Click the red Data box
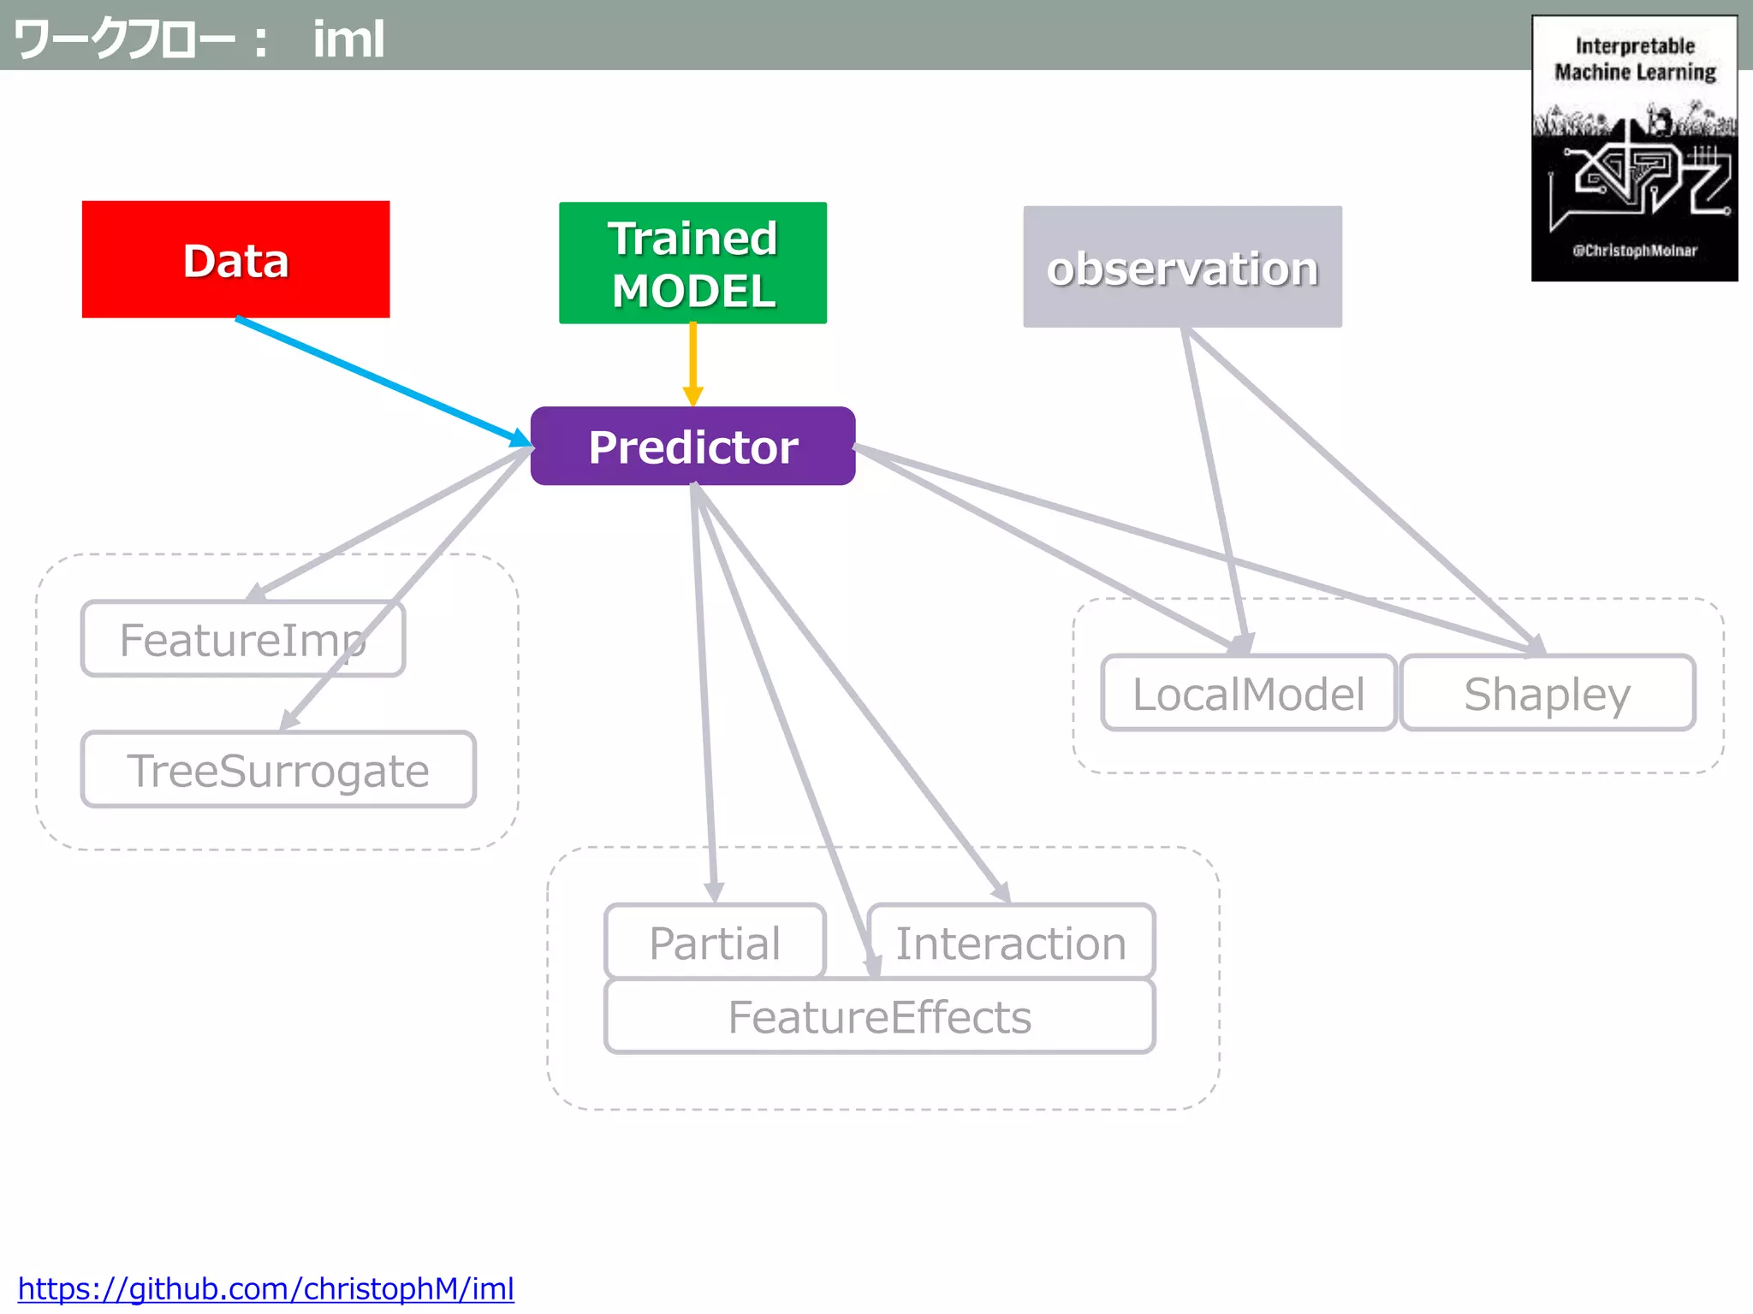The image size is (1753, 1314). point(235,259)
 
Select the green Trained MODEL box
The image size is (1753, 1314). point(692,263)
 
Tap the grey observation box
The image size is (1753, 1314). point(1182,267)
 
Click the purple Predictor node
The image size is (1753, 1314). point(692,446)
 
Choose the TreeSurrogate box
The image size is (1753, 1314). point(277,770)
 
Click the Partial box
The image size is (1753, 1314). point(715,942)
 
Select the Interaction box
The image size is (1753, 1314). point(1011,942)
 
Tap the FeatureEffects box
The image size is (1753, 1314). point(879,1016)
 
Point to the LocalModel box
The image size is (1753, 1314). point(1248,693)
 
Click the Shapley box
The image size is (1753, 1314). point(1547,693)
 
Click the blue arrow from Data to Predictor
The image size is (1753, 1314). point(377,380)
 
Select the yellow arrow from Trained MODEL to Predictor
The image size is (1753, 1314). point(692,359)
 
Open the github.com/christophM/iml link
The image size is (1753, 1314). point(265,1288)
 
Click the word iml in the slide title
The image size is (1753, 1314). point(348,39)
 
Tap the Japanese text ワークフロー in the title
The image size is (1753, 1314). point(124,39)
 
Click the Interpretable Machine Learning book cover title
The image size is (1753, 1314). point(1635,59)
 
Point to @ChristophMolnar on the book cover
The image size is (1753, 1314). point(1634,251)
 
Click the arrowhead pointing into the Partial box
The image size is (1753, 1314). point(714,893)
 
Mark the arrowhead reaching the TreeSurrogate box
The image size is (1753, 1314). point(289,720)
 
